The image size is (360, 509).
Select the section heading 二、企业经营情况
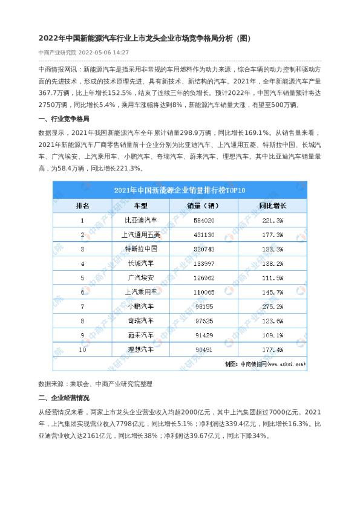point(64,398)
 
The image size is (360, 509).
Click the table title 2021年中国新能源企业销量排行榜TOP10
point(180,190)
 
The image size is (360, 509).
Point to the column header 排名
point(83,206)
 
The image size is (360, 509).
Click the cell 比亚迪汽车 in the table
point(140,221)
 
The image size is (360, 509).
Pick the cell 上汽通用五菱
point(140,235)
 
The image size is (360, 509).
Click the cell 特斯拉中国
point(140,249)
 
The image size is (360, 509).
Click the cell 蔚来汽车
point(140,335)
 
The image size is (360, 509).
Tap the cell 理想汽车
point(140,349)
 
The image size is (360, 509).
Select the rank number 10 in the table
point(83,349)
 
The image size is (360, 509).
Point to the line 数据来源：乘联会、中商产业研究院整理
point(96,383)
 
